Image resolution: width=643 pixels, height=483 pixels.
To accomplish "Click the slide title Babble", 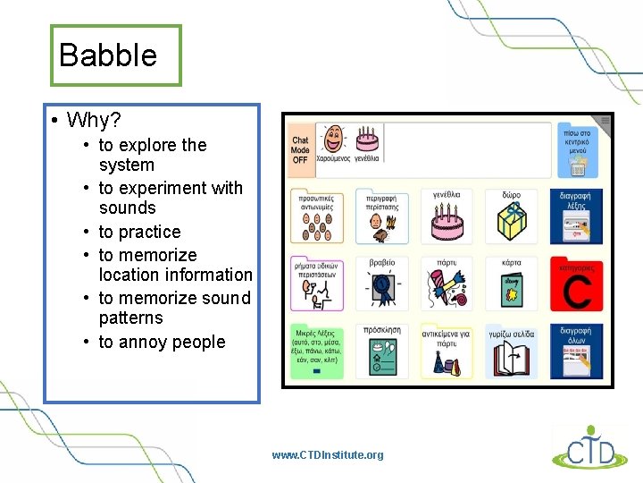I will pyautogui.click(x=107, y=55).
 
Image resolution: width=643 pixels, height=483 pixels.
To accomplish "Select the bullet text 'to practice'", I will pyautogui.click(x=139, y=232).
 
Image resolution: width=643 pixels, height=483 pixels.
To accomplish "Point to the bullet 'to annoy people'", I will pyautogui.click(x=162, y=342).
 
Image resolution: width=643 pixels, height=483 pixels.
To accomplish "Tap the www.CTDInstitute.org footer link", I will pyautogui.click(x=328, y=455).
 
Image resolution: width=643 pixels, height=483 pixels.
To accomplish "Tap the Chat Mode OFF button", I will pyautogui.click(x=300, y=148).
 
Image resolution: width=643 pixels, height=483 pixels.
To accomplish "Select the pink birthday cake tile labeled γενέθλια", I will pyautogui.click(x=446, y=216).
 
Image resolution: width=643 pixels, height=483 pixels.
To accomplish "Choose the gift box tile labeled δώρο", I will pyautogui.click(x=512, y=216).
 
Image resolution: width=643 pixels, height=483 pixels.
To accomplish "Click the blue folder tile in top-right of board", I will pyautogui.click(x=577, y=148).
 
